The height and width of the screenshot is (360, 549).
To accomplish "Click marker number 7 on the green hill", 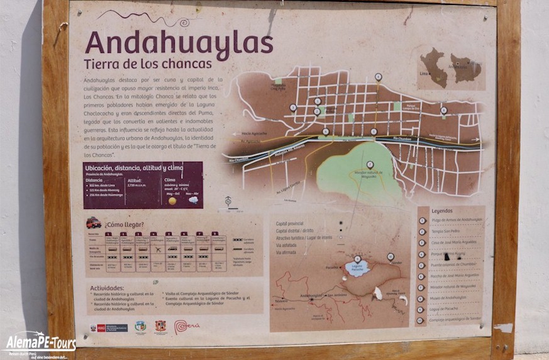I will click(370, 165).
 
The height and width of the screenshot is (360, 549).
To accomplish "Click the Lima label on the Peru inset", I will click(423, 73).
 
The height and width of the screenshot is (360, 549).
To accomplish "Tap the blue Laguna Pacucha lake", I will click(357, 269).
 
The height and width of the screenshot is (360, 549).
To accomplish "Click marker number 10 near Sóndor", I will click(390, 256).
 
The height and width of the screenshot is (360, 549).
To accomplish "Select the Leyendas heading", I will click(443, 211).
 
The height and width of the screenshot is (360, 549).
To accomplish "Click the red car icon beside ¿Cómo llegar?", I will click(94, 223).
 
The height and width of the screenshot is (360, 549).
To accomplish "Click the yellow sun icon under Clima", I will click(172, 200).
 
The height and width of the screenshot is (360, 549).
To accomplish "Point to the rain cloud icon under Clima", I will click(192, 200).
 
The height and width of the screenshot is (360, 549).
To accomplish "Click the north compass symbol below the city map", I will click(228, 202).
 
